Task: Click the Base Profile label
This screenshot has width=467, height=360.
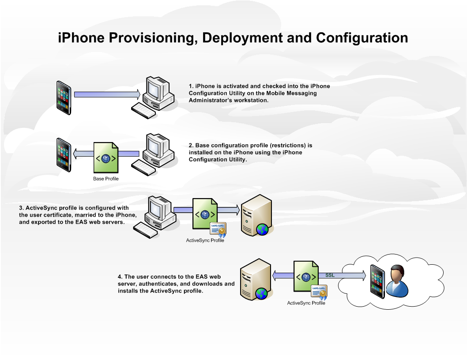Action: (x=106, y=179)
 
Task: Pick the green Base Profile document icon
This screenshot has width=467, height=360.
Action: (x=105, y=157)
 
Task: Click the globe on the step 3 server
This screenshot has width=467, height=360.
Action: (x=262, y=229)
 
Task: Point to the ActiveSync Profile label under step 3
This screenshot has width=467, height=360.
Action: (x=205, y=240)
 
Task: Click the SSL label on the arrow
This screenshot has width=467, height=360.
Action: (x=330, y=275)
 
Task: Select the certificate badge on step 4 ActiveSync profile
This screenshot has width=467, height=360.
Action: (x=319, y=292)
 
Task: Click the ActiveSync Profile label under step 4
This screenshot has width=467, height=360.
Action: (x=306, y=303)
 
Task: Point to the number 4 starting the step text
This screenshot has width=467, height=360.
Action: (x=120, y=277)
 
